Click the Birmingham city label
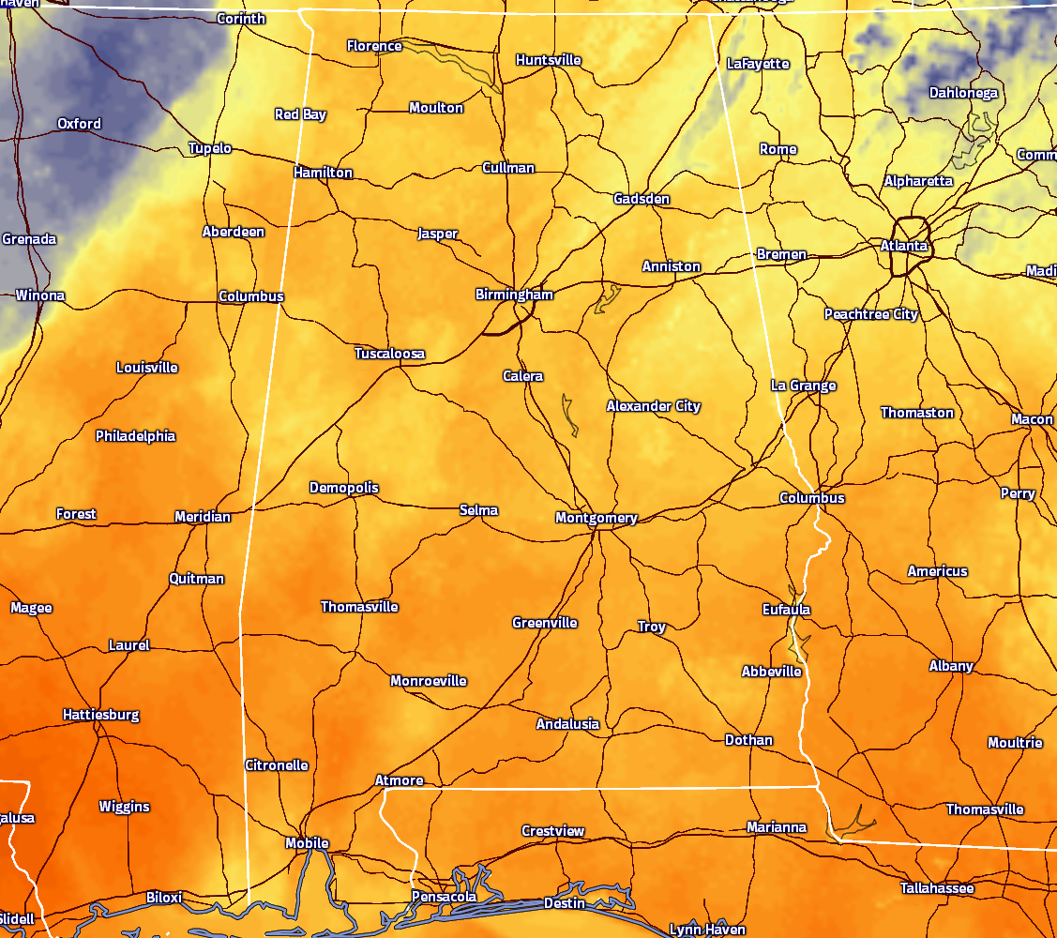(x=514, y=295)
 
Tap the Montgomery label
(x=596, y=518)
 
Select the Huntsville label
(x=549, y=60)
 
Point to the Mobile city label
(x=307, y=843)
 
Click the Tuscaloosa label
(x=389, y=354)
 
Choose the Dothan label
(x=748, y=740)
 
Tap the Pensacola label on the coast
(x=444, y=897)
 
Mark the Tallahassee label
(x=937, y=888)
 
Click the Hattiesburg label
(x=100, y=715)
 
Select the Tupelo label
(x=210, y=148)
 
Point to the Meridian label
(x=203, y=517)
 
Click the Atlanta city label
(x=904, y=246)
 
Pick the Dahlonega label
(x=963, y=93)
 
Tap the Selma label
(x=478, y=510)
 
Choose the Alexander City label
(x=653, y=406)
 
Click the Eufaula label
(x=786, y=610)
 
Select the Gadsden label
(x=642, y=199)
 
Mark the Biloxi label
(x=164, y=898)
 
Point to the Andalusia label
(x=567, y=724)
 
